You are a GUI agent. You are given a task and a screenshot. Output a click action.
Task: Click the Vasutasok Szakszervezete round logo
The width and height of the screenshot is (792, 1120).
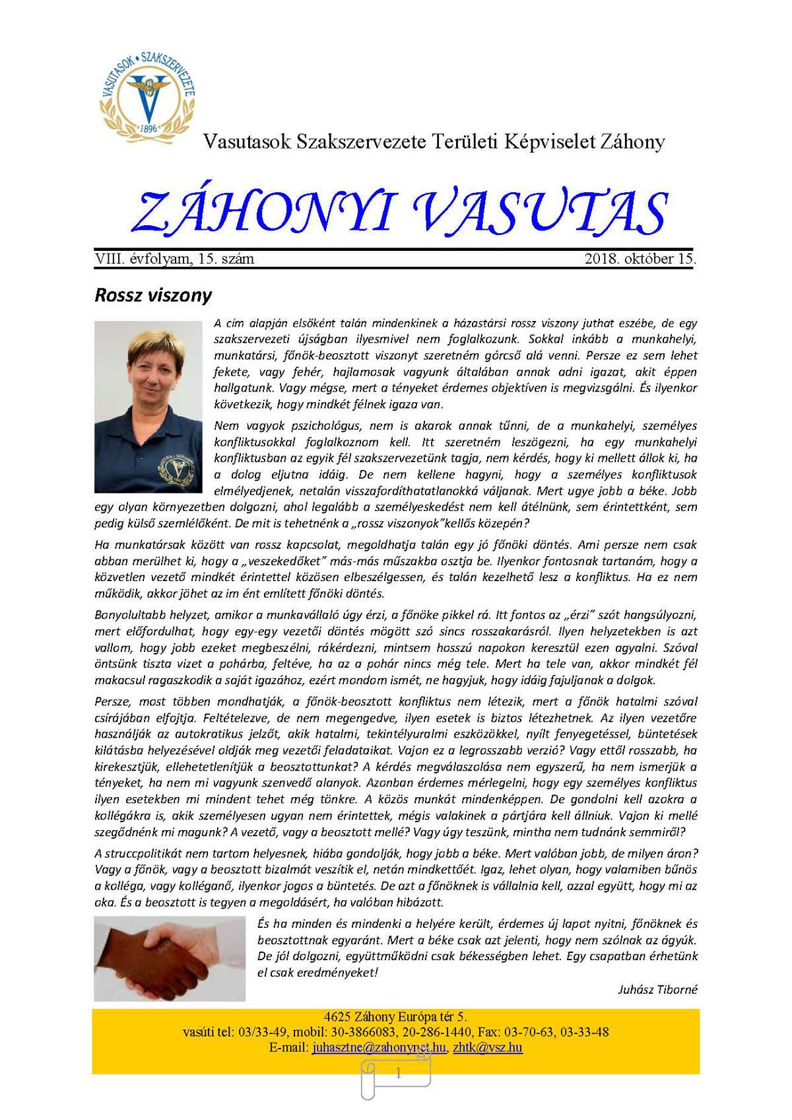pyautogui.click(x=148, y=95)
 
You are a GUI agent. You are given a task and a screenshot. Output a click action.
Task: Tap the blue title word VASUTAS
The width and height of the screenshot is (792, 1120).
pyautogui.click(x=541, y=213)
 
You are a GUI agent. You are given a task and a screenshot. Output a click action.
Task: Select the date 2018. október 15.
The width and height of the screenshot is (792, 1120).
pyautogui.click(x=640, y=259)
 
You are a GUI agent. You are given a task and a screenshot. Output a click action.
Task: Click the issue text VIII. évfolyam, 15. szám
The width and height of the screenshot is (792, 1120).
pyautogui.click(x=174, y=259)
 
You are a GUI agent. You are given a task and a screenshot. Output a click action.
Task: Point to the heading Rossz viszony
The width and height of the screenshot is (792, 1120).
pyautogui.click(x=153, y=295)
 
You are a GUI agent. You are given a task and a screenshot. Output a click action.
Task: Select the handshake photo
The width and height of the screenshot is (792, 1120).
pyautogui.click(x=170, y=958)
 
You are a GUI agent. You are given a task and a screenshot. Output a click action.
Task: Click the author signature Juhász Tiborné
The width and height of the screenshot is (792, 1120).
pyautogui.click(x=657, y=989)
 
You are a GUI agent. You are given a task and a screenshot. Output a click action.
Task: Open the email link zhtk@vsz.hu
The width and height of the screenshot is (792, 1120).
pyautogui.click(x=488, y=1047)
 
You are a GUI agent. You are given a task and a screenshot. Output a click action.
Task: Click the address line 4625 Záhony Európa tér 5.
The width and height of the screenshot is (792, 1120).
pyautogui.click(x=395, y=1017)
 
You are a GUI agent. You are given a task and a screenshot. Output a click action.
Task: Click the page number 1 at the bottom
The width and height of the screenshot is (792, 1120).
pyautogui.click(x=398, y=1074)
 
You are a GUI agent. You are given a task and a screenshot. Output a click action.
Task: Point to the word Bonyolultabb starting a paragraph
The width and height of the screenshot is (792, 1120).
pyautogui.click(x=125, y=615)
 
